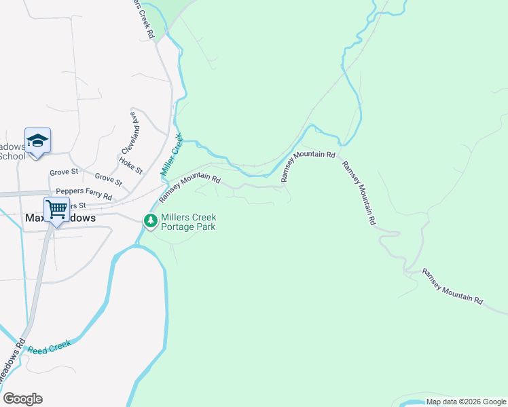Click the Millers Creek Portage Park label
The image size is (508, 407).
tap(188, 222)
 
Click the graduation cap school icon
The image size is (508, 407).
tap(38, 140)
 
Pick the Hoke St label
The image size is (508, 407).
tap(130, 165)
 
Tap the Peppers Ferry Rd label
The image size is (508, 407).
tap(84, 192)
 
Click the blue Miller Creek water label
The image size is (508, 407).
tap(173, 155)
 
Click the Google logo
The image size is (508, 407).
tap(22, 399)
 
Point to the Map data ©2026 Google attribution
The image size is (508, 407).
tap(466, 402)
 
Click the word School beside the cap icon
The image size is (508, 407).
tap(12, 156)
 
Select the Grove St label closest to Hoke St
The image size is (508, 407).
tap(109, 179)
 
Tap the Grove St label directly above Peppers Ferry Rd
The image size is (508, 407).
tap(64, 173)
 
